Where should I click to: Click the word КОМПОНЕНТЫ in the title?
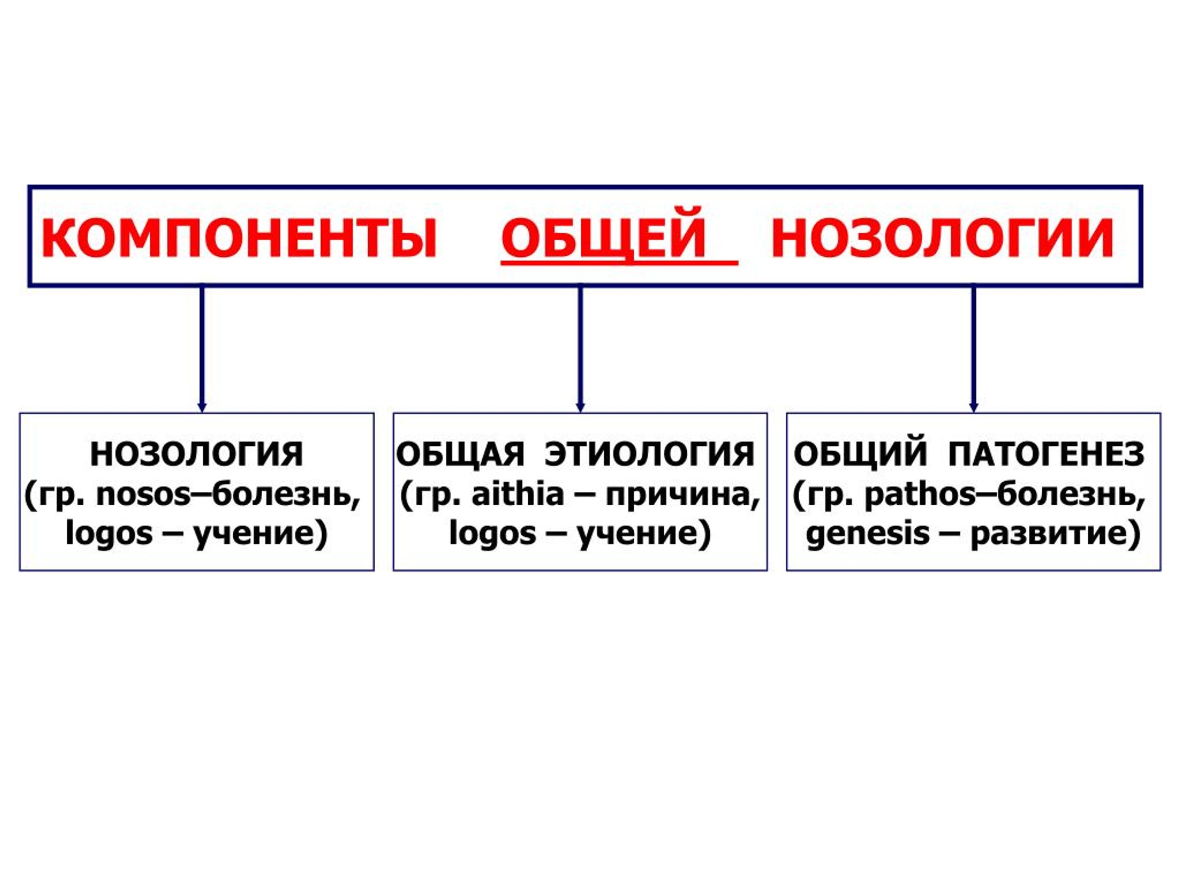[x=239, y=238]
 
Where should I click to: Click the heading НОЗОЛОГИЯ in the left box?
[x=197, y=455]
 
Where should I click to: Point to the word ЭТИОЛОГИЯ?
[x=650, y=455]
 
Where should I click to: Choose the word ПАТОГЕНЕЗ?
[x=1047, y=455]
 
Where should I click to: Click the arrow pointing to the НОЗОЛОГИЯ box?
[x=201, y=349]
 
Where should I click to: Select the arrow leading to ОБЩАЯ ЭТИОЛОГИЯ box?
[x=580, y=349]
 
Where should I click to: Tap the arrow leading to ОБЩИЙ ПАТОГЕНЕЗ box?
[x=973, y=349]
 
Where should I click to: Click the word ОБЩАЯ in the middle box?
[x=460, y=455]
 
